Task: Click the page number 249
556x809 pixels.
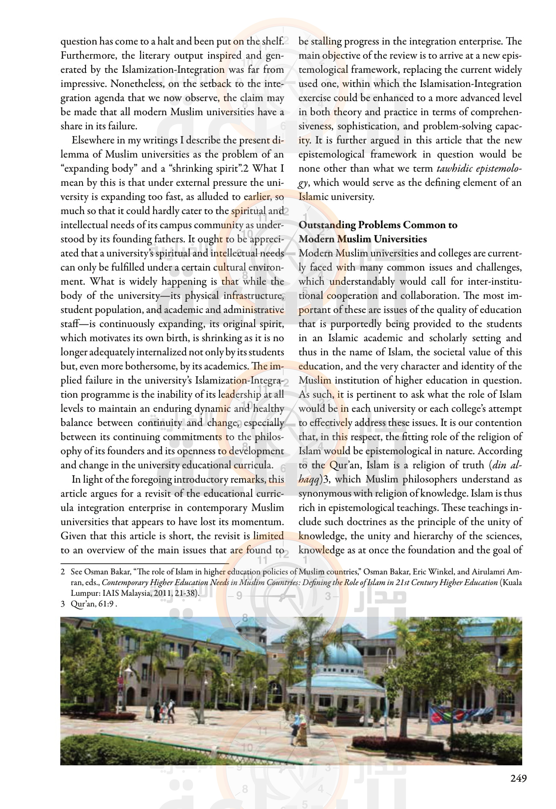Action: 518,778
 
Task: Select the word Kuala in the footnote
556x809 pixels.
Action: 512,583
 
